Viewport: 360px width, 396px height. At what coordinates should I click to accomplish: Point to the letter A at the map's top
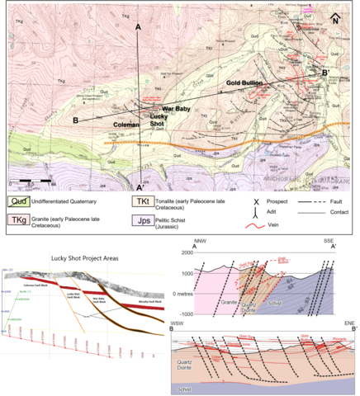139,26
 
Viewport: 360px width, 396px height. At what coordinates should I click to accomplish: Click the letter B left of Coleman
75,121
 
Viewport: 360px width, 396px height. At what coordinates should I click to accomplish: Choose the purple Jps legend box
143,220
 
